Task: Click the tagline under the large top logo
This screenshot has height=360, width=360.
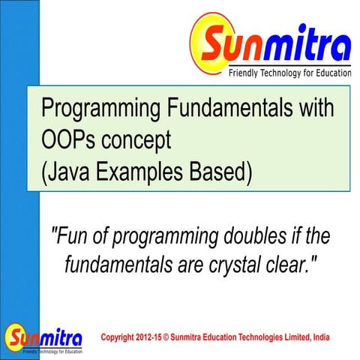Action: [x=289, y=73]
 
